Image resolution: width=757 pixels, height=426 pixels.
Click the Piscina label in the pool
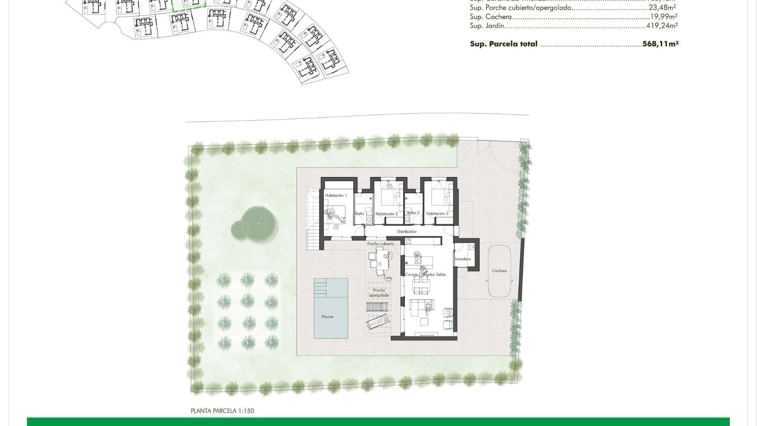coord(327,316)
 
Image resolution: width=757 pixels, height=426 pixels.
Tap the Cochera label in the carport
coord(499,271)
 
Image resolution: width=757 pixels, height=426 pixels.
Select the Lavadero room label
coord(463,259)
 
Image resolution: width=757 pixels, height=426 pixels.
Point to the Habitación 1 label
coord(336,196)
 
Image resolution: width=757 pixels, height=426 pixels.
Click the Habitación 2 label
coord(386,214)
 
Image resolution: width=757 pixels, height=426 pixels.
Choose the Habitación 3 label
coord(437,213)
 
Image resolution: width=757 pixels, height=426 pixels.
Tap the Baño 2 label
coord(413,213)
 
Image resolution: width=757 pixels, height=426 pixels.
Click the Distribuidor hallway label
coord(406,232)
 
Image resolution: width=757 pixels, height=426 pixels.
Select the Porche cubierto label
coord(380,244)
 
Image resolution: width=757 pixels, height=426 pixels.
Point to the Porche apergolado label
coord(379,293)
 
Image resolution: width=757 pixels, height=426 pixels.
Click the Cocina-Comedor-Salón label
coord(425,275)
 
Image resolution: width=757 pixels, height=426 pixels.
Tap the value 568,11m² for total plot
coord(660,44)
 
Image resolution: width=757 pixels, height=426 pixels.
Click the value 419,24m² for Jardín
coord(662,26)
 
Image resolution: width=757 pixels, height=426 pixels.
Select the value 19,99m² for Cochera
coord(664,17)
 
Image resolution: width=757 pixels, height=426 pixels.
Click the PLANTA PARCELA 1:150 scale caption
coord(222,411)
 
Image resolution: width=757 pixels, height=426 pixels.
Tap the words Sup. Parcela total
coord(503,44)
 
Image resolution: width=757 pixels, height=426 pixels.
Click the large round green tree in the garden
coord(259,224)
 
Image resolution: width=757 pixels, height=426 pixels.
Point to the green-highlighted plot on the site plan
coord(189,4)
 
